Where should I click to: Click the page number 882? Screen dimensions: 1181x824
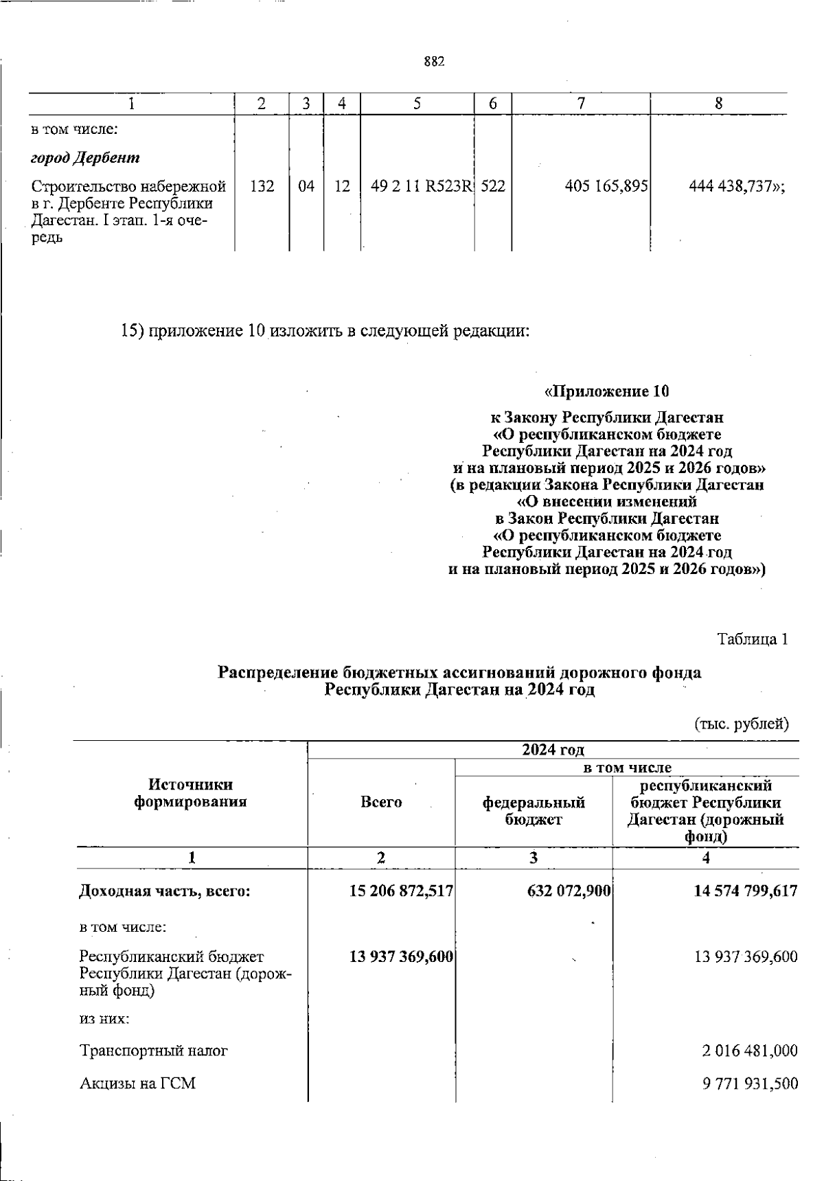(434, 62)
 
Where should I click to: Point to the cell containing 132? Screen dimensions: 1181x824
(262, 186)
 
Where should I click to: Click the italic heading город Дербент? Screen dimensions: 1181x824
(86, 158)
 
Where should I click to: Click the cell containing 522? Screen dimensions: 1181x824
(493, 186)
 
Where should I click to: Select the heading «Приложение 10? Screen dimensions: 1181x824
(606, 392)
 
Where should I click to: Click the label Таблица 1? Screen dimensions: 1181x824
(752, 639)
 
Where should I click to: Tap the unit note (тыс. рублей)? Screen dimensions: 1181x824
(742, 723)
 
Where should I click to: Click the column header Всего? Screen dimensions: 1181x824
(381, 802)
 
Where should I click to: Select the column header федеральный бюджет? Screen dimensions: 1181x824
(534, 810)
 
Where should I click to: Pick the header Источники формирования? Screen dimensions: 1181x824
(190, 793)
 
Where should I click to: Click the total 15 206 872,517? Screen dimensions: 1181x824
(401, 891)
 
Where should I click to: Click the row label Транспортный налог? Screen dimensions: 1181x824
(154, 1051)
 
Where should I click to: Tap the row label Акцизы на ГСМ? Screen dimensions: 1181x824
(137, 1083)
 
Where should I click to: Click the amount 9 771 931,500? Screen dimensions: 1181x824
(750, 1084)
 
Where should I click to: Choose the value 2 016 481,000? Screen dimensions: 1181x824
(750, 1051)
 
